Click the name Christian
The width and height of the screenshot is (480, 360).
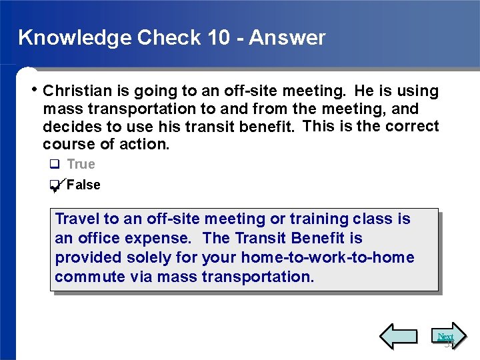[73, 91]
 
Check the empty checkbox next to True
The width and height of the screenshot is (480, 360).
[55, 165]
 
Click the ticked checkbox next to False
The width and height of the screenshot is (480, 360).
[55, 186]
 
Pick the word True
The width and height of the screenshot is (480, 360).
[81, 164]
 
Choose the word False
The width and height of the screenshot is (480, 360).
[84, 185]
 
